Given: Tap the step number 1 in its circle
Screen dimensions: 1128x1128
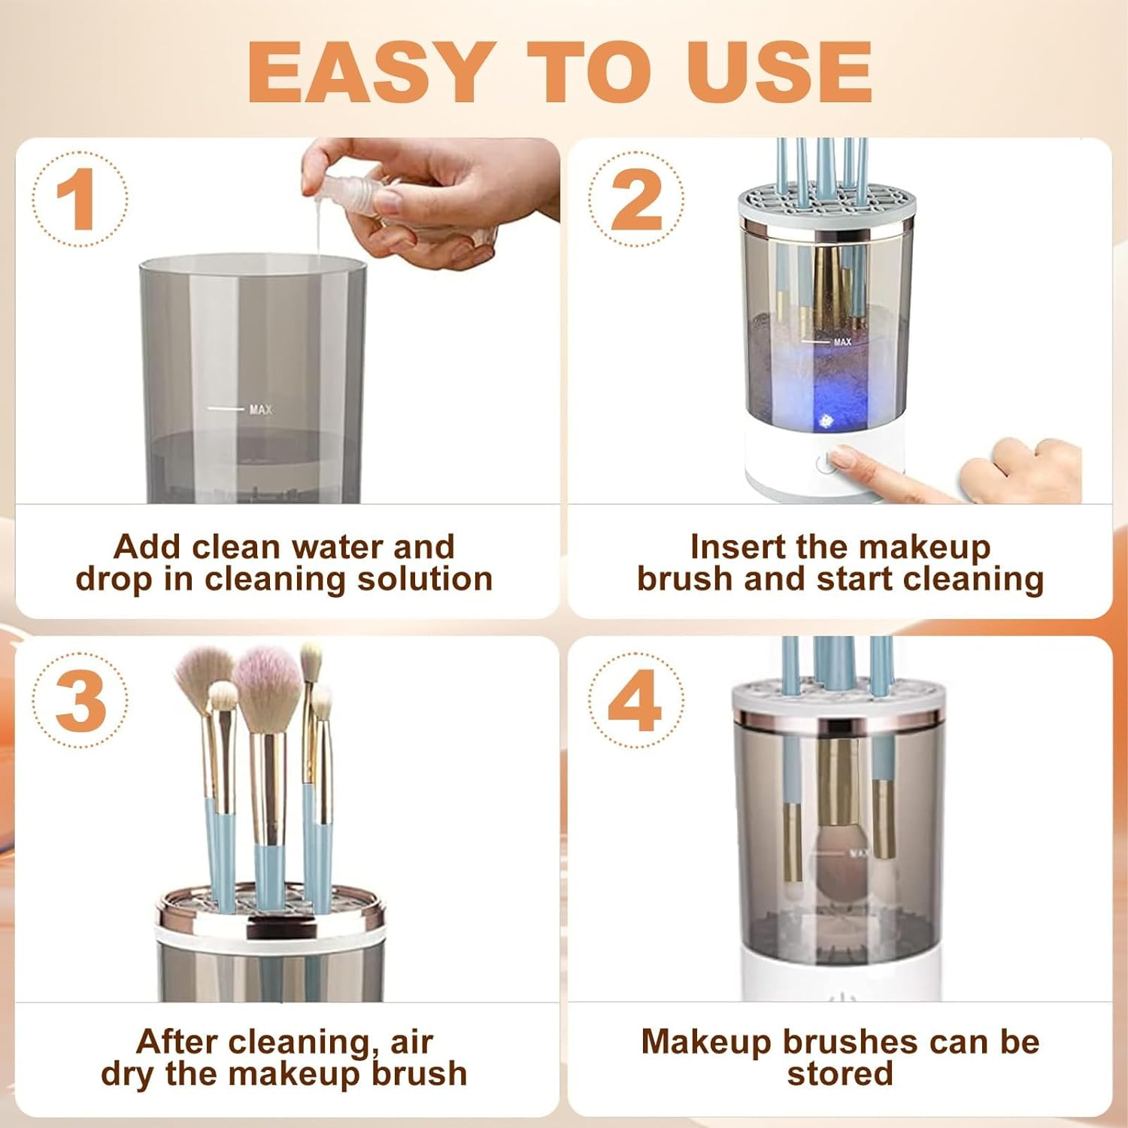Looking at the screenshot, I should [x=77, y=199].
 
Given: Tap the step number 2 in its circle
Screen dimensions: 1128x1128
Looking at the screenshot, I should [x=636, y=199].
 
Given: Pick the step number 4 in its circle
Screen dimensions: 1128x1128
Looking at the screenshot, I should [x=636, y=701].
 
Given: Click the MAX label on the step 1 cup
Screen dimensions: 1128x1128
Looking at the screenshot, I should [x=260, y=410].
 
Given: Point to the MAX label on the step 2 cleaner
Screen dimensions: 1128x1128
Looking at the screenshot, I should [x=842, y=342].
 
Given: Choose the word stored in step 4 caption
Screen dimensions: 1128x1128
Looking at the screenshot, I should [x=840, y=1074].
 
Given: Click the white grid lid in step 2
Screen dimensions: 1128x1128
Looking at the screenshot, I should [x=826, y=203].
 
